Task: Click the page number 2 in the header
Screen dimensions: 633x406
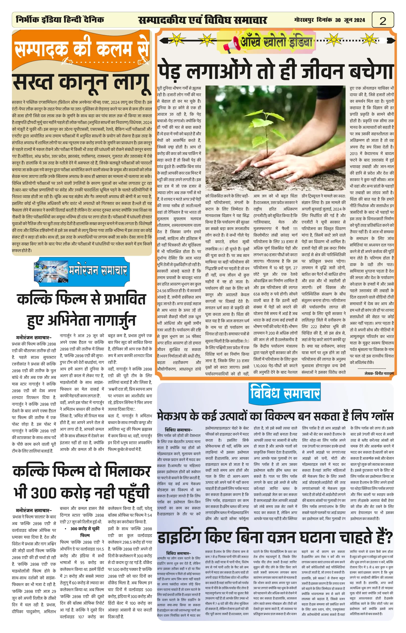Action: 383,21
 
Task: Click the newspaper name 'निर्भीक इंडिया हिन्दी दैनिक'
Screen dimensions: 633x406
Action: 60,20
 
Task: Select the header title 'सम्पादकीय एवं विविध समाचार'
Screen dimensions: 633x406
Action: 203,20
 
